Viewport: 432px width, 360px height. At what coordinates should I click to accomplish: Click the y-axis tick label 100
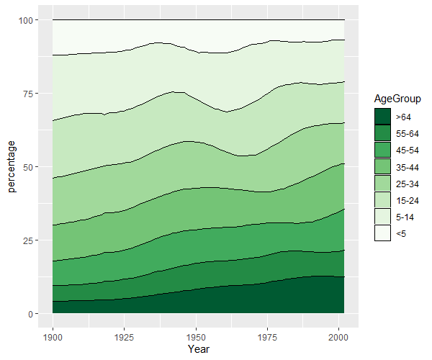[x=25, y=20]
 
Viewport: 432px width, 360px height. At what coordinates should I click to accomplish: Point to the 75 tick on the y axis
[x=27, y=94]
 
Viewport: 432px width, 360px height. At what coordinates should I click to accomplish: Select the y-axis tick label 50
[x=27, y=167]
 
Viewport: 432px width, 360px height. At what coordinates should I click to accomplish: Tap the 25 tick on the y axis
[x=27, y=240]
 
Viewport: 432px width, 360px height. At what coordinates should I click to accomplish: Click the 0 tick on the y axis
[x=30, y=314]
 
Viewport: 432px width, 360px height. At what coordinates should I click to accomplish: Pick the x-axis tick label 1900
[x=53, y=337]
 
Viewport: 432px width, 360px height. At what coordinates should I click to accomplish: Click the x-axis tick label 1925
[x=125, y=337]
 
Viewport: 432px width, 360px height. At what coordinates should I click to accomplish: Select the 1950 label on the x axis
[x=196, y=337]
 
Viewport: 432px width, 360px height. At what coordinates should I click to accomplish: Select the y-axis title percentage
[x=12, y=167]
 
